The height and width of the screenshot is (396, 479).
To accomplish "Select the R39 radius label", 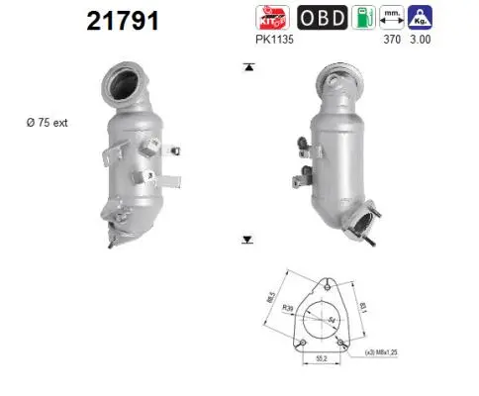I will (x=287, y=310).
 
